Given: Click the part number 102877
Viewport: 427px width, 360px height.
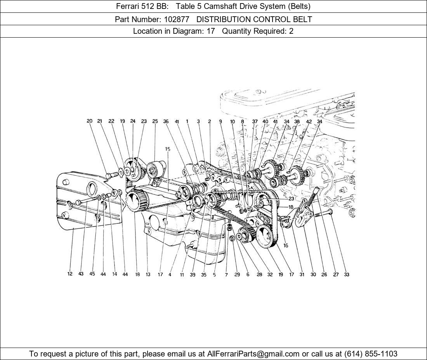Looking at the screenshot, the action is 177,19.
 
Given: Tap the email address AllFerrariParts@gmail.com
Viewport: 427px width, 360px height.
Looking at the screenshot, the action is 253,354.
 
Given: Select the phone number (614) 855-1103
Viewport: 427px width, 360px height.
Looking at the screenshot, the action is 371,354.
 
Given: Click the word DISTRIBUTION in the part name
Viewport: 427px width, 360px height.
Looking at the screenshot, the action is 223,19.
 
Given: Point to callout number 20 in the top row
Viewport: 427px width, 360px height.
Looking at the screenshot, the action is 90,121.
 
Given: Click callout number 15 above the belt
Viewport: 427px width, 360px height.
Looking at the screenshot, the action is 167,149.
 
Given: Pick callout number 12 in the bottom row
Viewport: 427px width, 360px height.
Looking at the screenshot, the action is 70,274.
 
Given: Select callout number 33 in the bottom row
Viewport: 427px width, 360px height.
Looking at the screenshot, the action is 346,275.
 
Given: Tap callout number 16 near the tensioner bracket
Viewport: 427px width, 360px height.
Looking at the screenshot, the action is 286,246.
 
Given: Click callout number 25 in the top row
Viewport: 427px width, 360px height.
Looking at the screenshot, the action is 155,121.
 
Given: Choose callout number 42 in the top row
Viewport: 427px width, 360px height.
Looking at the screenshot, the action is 309,122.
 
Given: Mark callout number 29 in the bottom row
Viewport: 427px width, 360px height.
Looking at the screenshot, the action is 237,275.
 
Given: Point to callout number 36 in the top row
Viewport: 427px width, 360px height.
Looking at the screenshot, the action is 166,121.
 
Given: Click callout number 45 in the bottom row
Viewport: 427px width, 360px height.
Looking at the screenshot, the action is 92,274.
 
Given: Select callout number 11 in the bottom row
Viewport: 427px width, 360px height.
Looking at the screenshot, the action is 182,275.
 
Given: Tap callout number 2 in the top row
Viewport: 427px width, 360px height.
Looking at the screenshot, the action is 209,121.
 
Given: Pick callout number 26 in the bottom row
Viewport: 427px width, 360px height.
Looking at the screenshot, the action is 324,275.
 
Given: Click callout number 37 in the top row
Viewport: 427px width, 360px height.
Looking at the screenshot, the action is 255,121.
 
